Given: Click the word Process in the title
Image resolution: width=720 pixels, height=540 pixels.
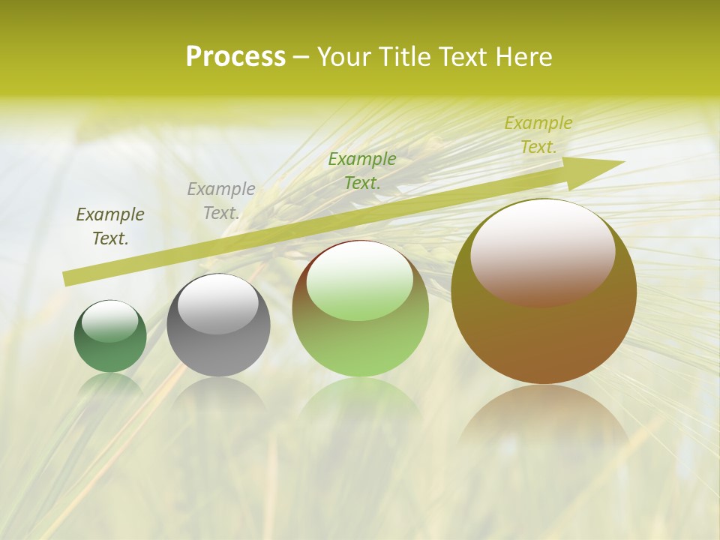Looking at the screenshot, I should pos(235,57).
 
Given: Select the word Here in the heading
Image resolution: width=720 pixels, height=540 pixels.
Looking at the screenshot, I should pos(522,57).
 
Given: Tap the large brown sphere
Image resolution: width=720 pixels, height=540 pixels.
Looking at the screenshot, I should pos(544,337).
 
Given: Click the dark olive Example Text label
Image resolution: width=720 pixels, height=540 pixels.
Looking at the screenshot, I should pos(110,226).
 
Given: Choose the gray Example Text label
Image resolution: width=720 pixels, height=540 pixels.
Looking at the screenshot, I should pos(221,201).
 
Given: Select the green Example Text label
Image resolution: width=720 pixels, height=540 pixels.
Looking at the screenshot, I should pos(362,171).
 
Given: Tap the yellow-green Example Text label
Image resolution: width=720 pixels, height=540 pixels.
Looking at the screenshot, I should pos(538,135).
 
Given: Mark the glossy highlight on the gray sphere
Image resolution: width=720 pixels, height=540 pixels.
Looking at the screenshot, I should pos(217,303).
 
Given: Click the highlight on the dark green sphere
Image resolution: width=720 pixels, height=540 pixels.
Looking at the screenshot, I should pos(110,321).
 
